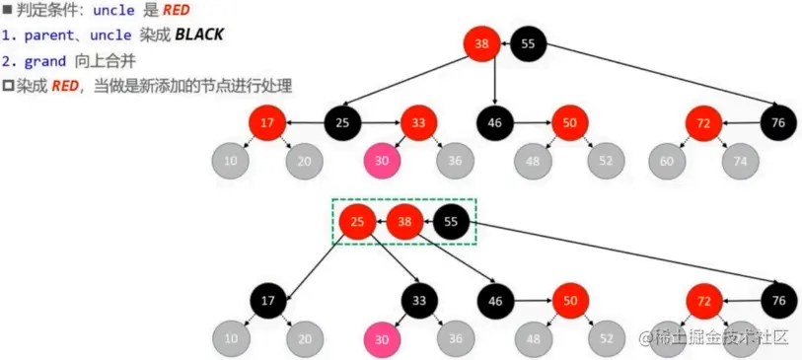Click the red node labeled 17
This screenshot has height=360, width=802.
point(267,123)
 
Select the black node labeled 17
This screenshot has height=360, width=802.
point(267,300)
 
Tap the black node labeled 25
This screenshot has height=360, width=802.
point(342,123)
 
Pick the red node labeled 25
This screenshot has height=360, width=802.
point(356,222)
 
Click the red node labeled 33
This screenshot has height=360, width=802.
point(418,123)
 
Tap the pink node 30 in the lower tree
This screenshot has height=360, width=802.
point(381,337)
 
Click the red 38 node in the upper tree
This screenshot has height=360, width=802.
point(481,43)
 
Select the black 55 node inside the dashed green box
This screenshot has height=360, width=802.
point(451,222)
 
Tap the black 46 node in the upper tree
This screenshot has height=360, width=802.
point(494,123)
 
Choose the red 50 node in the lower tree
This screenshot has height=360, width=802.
point(569,300)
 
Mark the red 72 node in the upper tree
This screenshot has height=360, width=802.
point(704,123)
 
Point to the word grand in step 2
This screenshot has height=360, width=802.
point(46,60)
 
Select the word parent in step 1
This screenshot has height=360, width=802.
point(49,35)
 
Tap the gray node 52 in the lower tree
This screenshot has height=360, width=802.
point(607,337)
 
